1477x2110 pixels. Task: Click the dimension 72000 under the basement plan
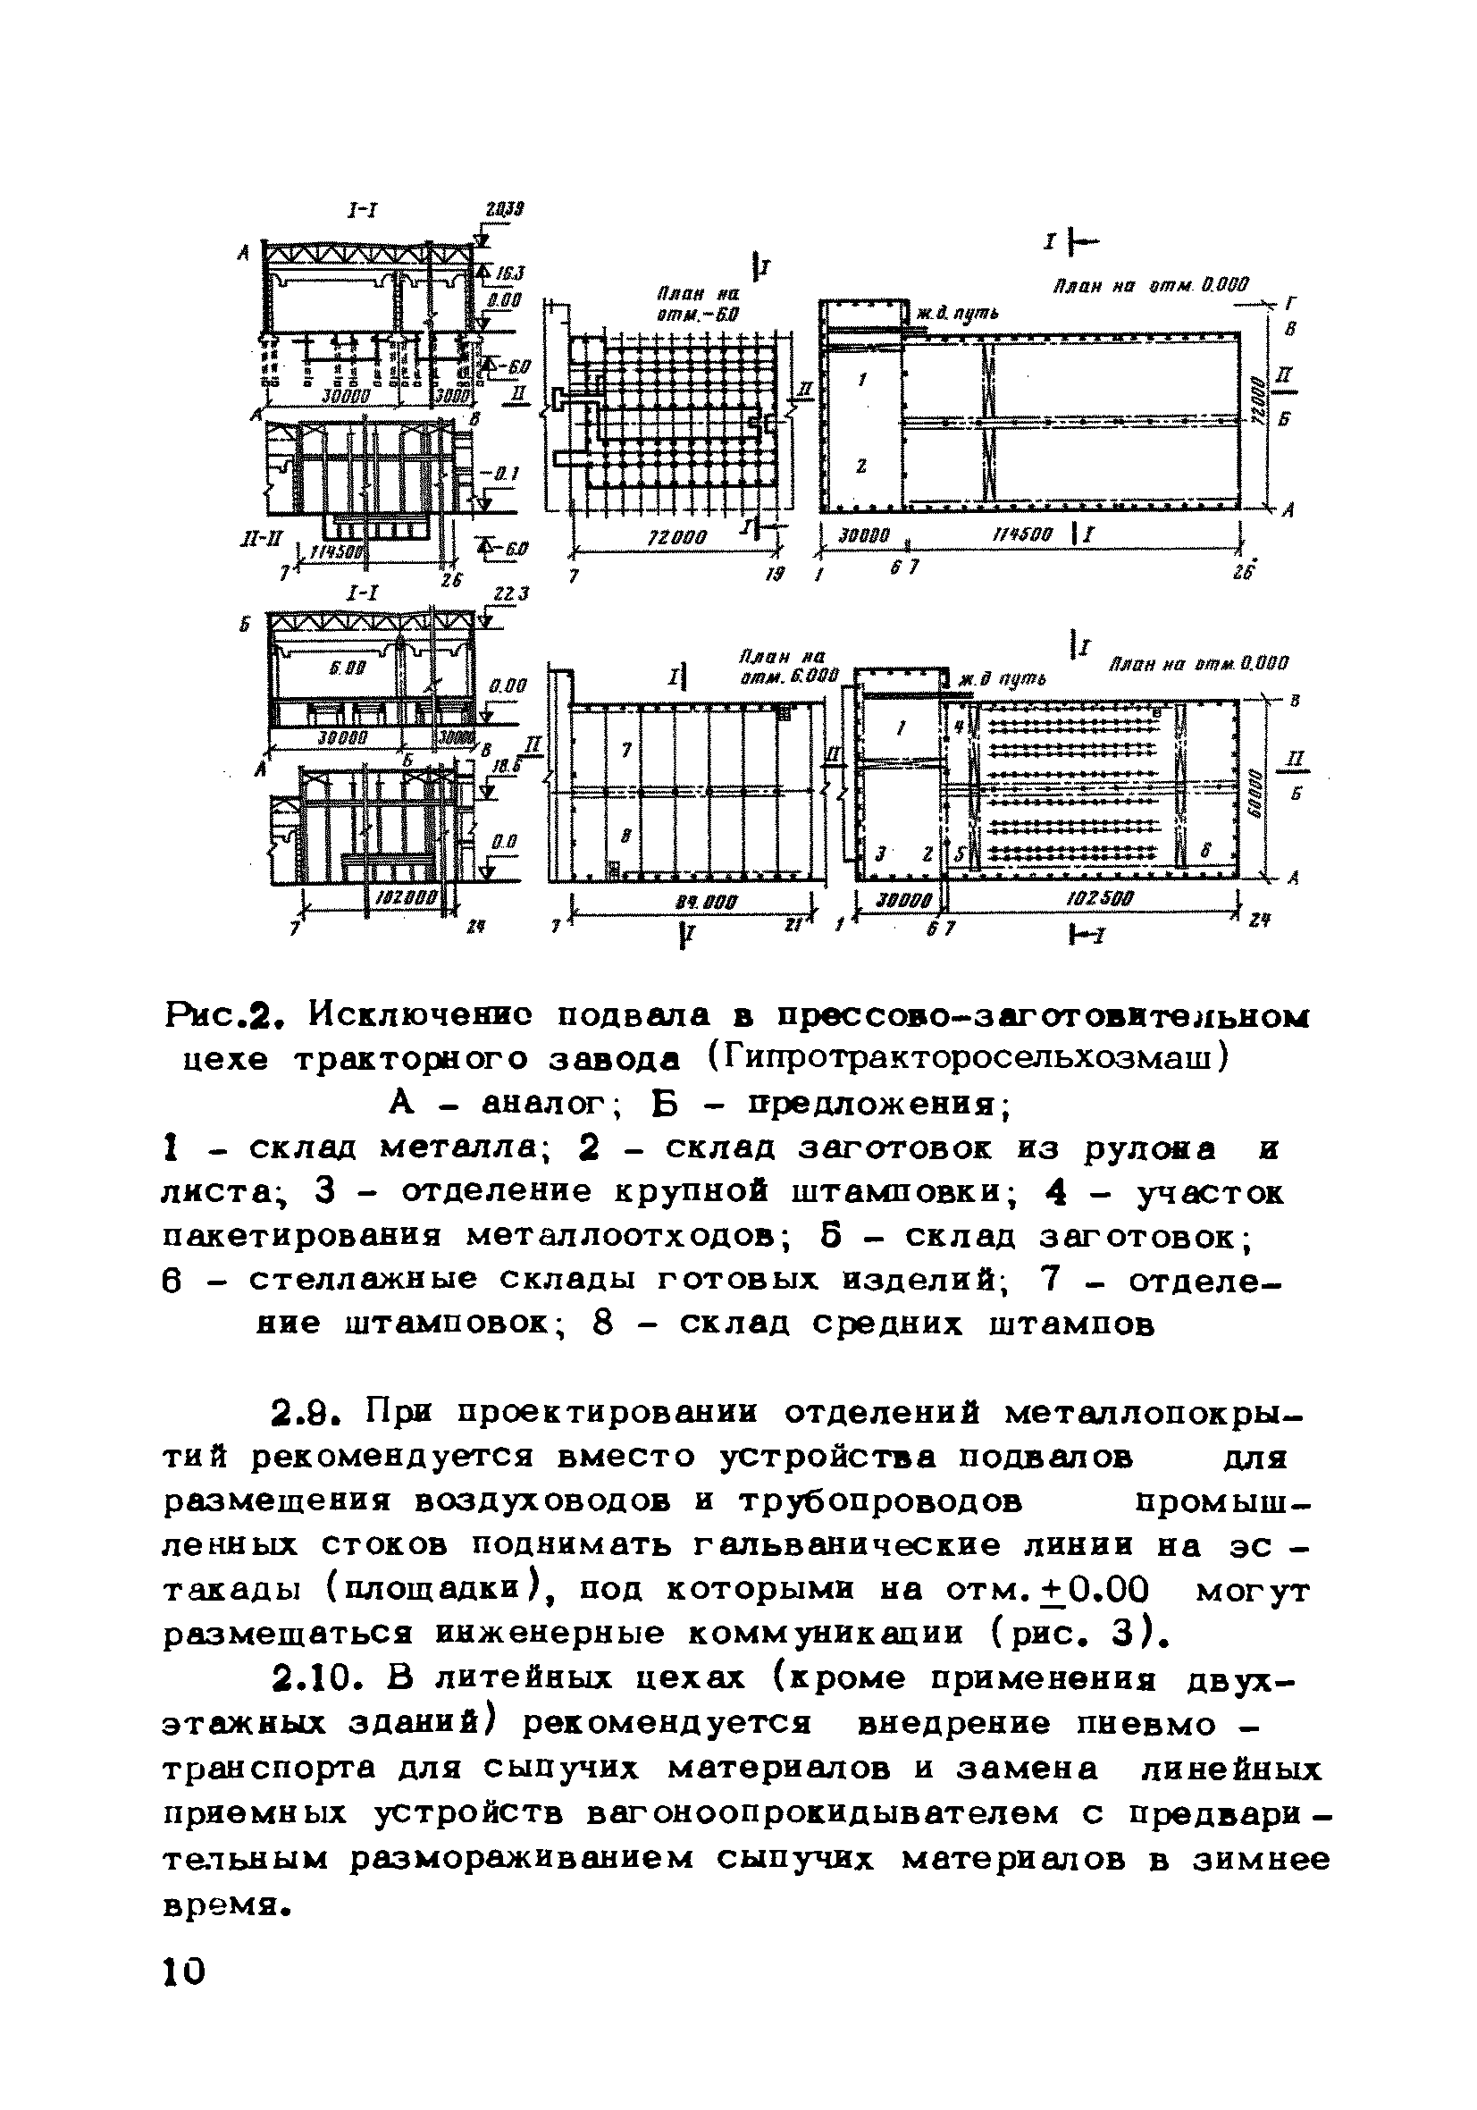[677, 538]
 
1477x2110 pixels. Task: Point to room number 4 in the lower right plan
[959, 727]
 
